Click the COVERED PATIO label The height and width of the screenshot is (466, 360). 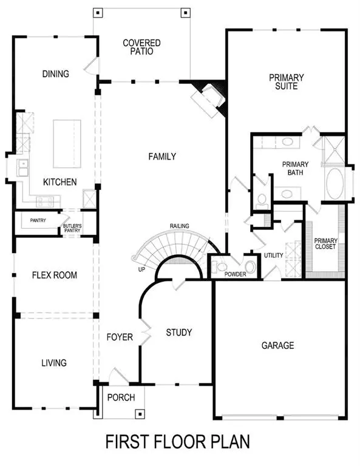coord(141,47)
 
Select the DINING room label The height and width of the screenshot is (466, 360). coord(55,74)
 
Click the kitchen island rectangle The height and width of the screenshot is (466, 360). coord(67,143)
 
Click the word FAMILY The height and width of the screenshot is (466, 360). coord(162,157)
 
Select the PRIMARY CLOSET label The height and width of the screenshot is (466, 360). coord(325,243)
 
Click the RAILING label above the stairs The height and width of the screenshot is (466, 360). coord(179,226)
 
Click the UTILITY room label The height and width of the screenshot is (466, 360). coord(273,255)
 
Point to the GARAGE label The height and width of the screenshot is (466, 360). coord(277,345)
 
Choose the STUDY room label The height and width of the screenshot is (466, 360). coord(179,333)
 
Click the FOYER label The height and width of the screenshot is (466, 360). coord(120,337)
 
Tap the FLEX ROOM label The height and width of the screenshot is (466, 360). coord(55,275)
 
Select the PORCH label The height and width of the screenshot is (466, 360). coord(121,397)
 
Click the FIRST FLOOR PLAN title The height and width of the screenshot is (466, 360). coord(178,442)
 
